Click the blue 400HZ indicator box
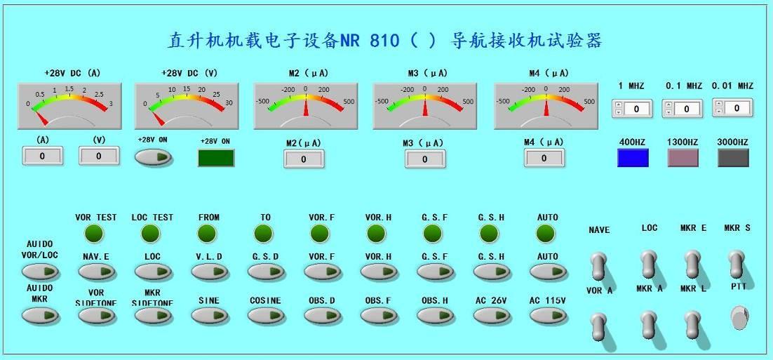pos(633,157)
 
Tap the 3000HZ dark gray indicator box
pos(733,157)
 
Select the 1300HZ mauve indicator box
pos(683,157)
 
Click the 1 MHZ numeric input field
pos(637,109)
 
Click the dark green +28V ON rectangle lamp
pos(216,158)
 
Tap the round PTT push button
pos(739,317)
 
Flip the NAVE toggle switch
pos(600,267)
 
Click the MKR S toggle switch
pos(737,264)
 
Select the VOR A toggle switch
pos(599,326)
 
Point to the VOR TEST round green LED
pos(94,233)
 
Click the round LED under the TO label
pos(263,233)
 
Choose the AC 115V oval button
pos(549,316)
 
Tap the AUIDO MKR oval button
pos(41,315)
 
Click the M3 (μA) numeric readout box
pos(425,159)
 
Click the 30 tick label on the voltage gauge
pos(228,102)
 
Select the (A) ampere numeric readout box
pos(42,156)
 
